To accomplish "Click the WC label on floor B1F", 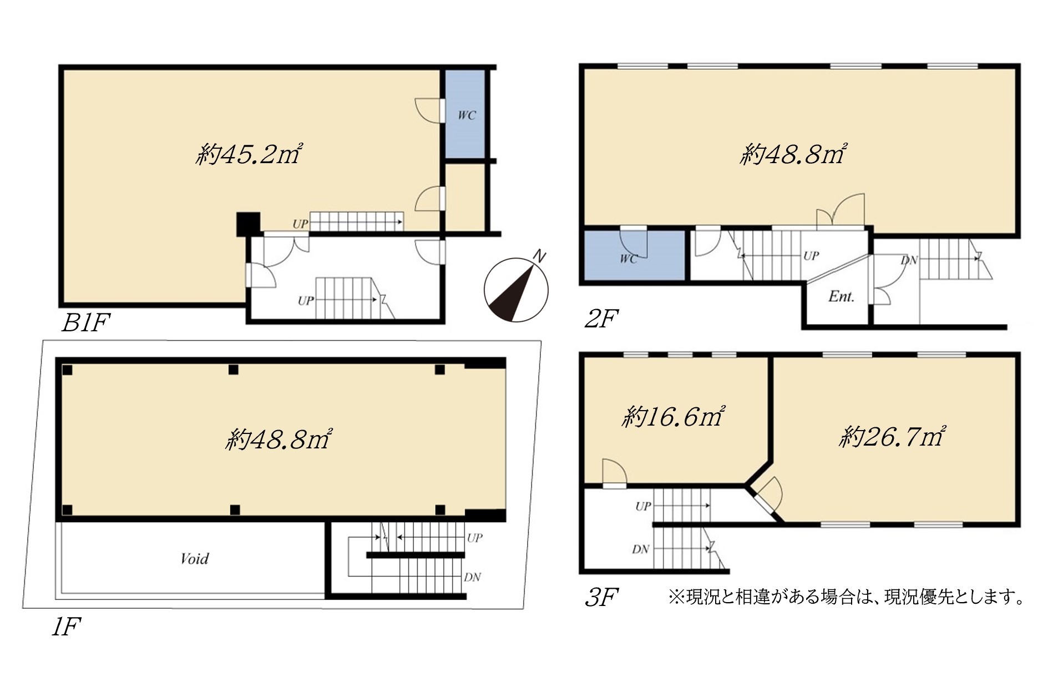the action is coord(467,115).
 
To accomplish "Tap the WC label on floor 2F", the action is coord(629,259).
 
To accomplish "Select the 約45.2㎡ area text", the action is coord(249,154).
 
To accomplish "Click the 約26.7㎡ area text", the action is coord(892,437).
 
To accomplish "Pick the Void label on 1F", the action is coord(195,558).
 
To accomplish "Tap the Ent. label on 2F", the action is coord(841,296).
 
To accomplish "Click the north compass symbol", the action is coord(516,290).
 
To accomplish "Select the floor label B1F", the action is coord(86,323).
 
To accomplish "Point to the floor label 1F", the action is coord(66,628).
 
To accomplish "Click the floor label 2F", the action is coord(601,319).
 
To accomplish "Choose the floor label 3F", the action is coord(602,598).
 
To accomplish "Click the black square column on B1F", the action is coord(248,224).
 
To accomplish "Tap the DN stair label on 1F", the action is coord(472,577).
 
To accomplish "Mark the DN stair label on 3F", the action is coord(640,549).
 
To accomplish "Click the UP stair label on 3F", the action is coord(644,506).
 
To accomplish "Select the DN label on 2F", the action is coord(909,260).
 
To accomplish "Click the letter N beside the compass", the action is coord(539,256).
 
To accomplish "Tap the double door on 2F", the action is coord(840,211).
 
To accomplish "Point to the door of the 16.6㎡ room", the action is coord(615,473).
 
